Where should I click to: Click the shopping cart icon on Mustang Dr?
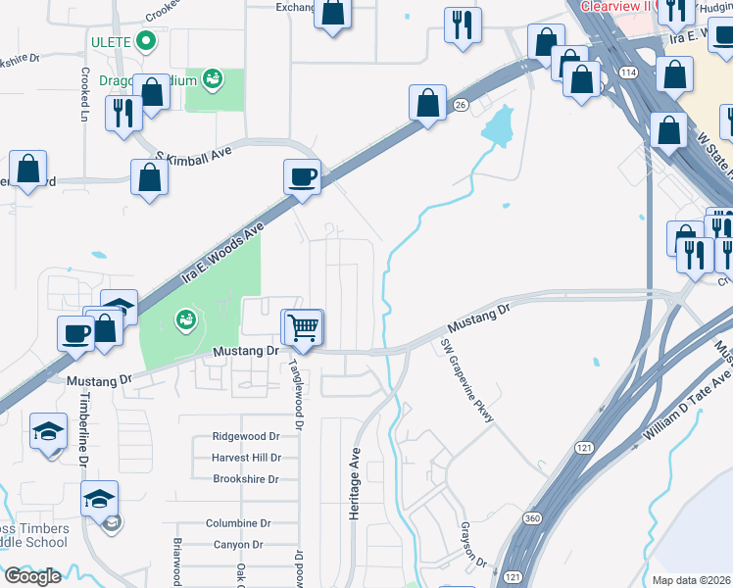304,327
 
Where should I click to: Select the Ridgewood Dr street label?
246,437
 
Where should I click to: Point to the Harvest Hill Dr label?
246,458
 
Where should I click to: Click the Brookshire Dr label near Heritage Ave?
246,479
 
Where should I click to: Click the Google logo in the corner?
31,576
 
